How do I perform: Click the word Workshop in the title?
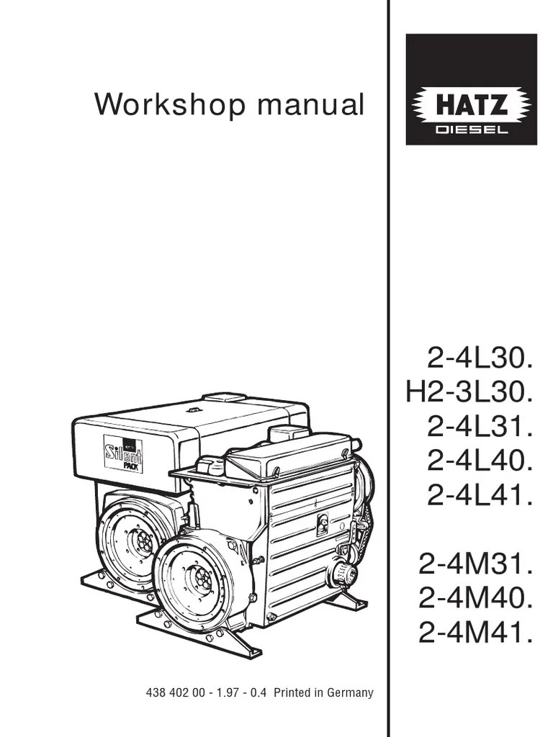[x=170, y=105]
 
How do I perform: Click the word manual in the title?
[x=311, y=104]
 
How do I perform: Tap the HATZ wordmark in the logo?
[x=472, y=105]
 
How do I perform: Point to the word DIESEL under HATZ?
[x=472, y=130]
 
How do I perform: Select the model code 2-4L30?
[x=480, y=360]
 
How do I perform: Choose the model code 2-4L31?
[x=480, y=427]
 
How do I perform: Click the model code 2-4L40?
[x=480, y=461]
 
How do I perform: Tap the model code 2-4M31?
[x=475, y=564]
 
